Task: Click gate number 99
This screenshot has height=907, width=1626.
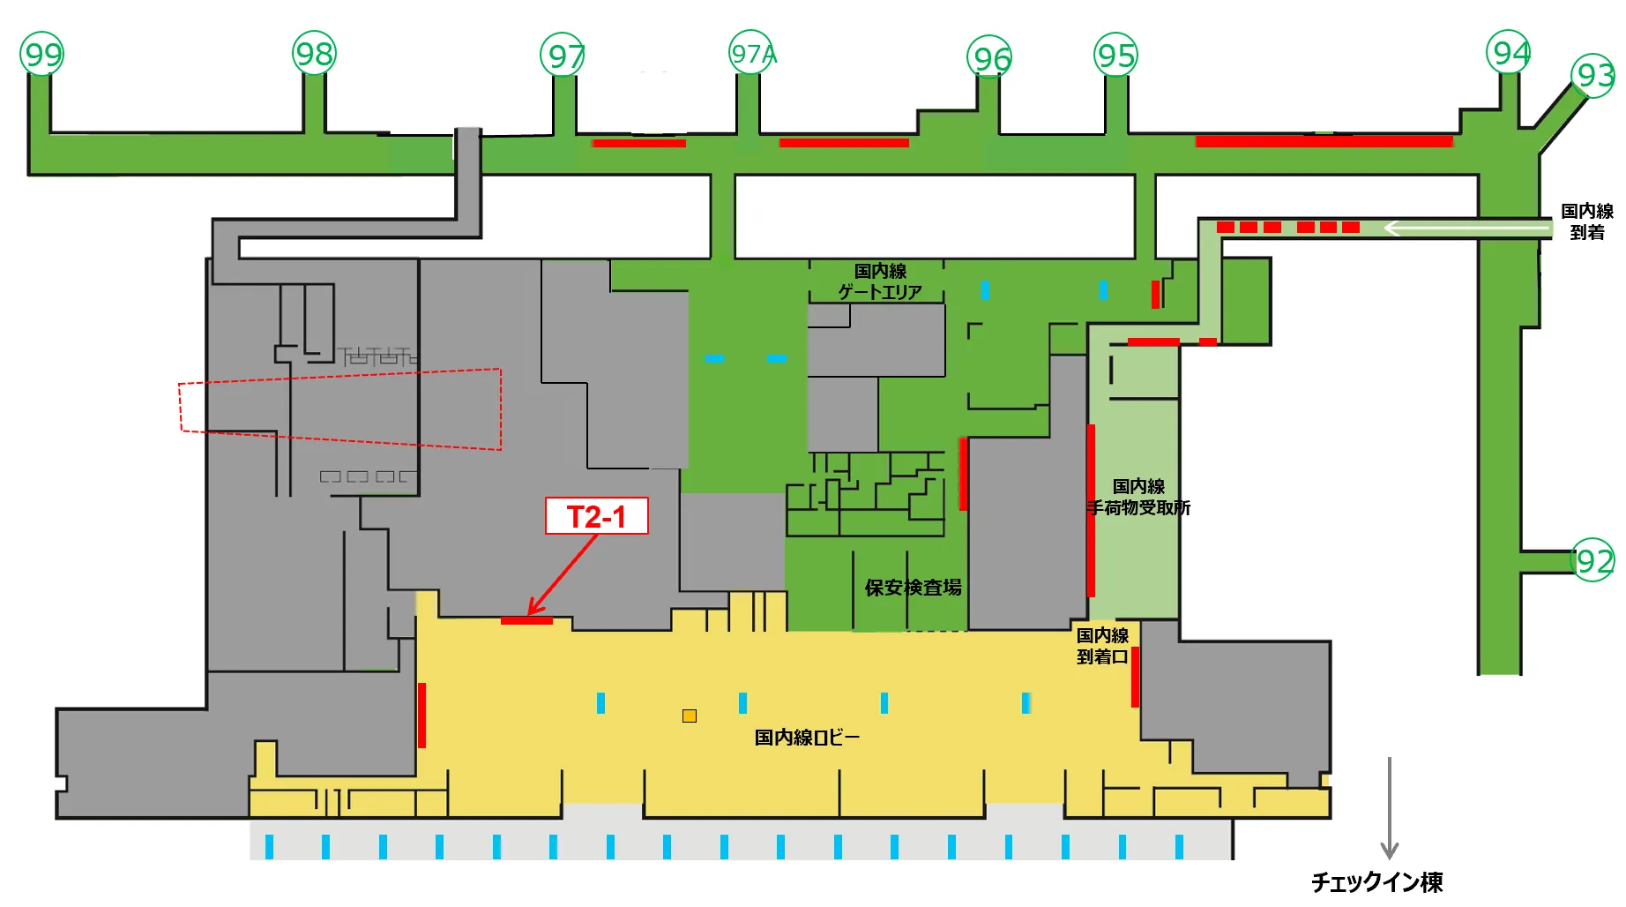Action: tap(42, 55)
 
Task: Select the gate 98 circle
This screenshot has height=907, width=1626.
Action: tap(314, 55)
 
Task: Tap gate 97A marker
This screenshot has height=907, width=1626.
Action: tap(752, 55)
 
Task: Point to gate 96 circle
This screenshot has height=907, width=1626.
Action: tap(990, 59)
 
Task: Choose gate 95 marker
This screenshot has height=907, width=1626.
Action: tap(1115, 56)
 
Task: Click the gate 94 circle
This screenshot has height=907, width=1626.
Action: tap(1509, 54)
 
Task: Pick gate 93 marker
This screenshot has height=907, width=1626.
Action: tap(1593, 76)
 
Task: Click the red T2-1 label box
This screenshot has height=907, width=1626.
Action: tap(596, 516)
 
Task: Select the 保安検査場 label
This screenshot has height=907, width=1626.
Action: tap(913, 588)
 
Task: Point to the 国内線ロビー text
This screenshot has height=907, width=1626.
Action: tap(806, 738)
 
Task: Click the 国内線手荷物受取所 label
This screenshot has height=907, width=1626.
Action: tap(1138, 497)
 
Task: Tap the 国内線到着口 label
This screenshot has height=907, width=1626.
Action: tap(1102, 646)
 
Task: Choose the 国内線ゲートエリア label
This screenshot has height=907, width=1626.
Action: tap(879, 281)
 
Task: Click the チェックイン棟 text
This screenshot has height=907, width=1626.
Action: tap(1376, 881)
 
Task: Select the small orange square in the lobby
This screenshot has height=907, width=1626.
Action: tap(690, 716)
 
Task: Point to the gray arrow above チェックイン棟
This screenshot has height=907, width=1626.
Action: tap(1390, 807)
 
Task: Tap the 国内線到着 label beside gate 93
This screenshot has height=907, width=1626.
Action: tap(1586, 221)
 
